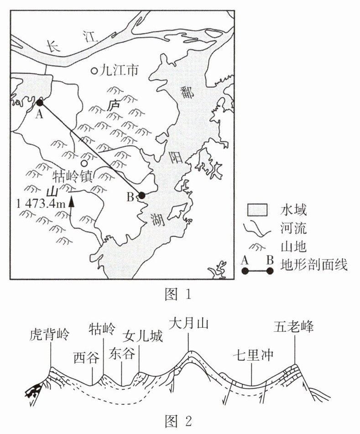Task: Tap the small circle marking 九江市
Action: point(94,71)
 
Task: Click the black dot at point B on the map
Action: point(141,196)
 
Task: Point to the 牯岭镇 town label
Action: point(73,176)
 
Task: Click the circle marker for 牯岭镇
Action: point(83,163)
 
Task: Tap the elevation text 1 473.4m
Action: point(40,203)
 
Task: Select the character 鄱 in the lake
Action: point(188,93)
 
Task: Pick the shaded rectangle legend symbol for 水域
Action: point(257,210)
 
